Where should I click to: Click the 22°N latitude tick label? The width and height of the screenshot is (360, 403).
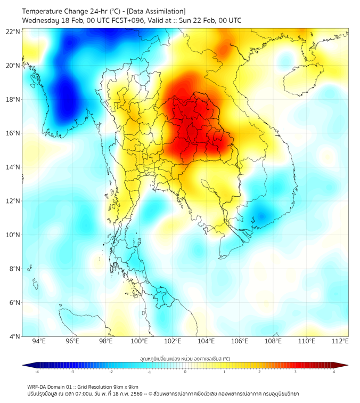13,31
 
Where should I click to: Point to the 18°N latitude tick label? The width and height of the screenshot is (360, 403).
13,99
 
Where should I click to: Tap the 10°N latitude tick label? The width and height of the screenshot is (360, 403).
13,235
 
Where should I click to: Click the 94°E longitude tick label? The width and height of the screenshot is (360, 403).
39,341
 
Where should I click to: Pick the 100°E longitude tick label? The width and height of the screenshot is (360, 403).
139,341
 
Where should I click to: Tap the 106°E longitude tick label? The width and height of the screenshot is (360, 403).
240,341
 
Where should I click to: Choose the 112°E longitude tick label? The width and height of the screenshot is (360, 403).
340,341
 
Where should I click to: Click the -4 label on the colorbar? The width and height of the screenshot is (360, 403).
36,372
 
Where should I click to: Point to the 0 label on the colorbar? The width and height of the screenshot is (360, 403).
185,372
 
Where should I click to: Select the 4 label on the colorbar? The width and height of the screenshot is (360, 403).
334,372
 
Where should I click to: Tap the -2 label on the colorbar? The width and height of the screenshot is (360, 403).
110,372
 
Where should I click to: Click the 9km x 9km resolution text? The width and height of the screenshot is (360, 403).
125,386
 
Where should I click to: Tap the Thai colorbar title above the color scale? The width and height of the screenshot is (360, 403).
185,359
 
